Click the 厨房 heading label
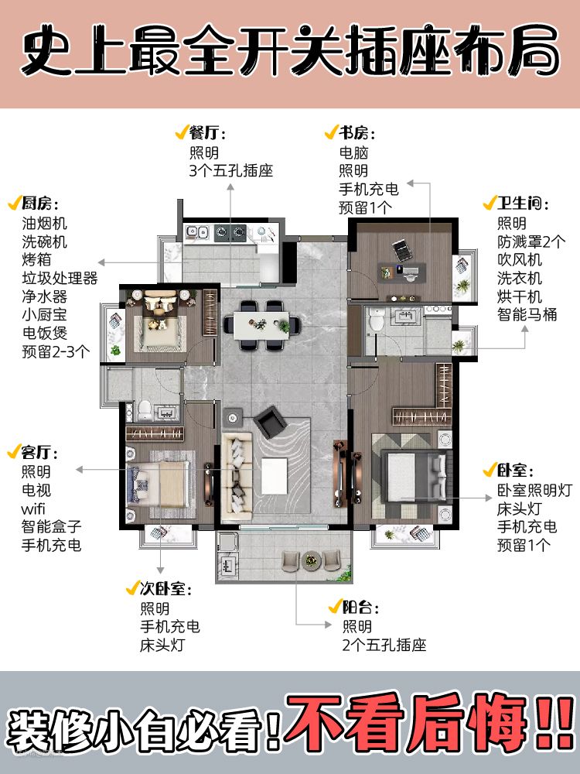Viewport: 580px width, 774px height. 40,204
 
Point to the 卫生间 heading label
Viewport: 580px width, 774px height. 523,203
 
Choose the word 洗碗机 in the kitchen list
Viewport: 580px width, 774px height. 44,241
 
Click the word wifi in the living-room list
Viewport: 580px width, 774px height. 33,509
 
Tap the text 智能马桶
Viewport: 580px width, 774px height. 527,314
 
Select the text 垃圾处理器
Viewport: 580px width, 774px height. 60,278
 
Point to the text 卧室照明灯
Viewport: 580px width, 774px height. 534,490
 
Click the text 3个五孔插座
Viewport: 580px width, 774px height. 231,171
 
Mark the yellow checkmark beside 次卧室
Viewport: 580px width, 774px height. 132,588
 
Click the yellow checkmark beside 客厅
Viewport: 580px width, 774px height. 13,451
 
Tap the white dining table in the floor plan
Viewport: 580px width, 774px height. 261,325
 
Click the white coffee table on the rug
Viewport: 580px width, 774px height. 275,476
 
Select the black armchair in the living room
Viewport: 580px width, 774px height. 270,422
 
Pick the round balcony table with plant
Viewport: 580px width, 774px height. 311,560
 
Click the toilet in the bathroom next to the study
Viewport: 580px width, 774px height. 377,320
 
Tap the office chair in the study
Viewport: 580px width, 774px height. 403,250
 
